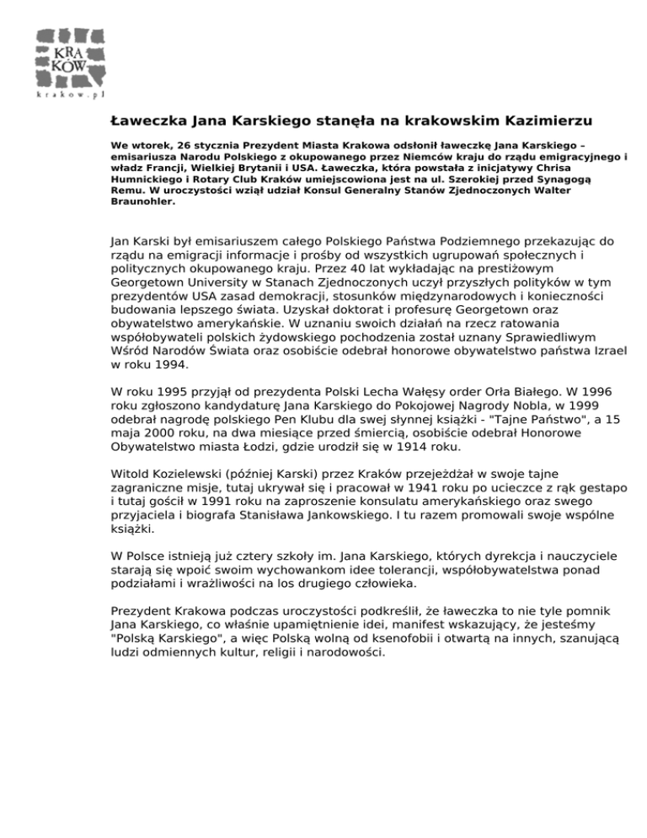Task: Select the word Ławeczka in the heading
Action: coord(146,121)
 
